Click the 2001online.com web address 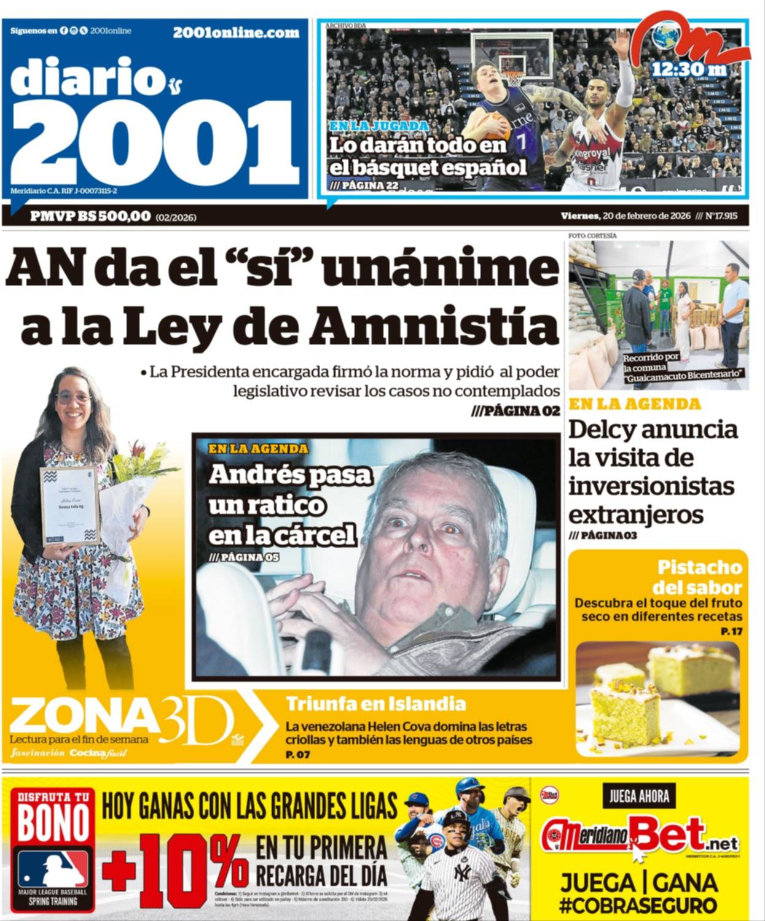tap(236, 33)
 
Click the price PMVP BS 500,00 tap(90, 216)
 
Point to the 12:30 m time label tap(689, 69)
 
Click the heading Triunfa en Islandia tap(375, 704)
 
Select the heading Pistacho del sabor tap(698, 576)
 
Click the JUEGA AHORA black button tap(638, 796)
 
